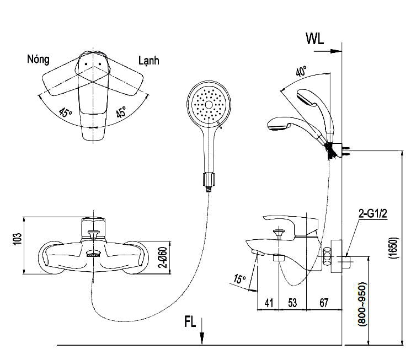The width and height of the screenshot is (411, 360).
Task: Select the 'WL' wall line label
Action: [314, 39]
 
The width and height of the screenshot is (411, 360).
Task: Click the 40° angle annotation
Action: [301, 72]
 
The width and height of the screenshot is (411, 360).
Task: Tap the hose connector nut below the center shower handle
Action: [209, 180]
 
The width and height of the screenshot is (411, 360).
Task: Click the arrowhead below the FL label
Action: [204, 337]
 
